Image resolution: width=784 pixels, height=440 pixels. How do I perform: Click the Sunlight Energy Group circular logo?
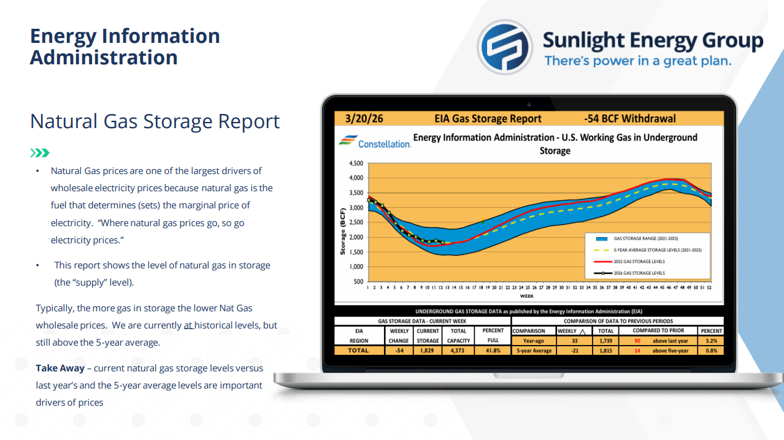tap(505, 47)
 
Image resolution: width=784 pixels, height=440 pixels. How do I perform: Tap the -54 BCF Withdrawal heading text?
tap(630, 119)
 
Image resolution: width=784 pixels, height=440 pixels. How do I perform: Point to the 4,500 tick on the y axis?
tap(356, 164)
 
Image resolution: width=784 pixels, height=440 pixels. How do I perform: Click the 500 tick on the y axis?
tap(358, 282)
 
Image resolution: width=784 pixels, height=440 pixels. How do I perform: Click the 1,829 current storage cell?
tap(428, 351)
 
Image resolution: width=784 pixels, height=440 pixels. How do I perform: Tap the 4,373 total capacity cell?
tap(458, 351)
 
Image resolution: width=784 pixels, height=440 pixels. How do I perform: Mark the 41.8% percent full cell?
tap(493, 351)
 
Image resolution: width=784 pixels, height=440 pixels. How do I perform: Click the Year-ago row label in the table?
tap(533, 341)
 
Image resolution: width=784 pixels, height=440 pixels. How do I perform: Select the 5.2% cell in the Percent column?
tap(712, 341)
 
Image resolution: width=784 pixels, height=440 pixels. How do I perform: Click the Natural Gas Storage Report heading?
tap(155, 121)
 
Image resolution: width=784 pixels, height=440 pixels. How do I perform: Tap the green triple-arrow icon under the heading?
tap(40, 153)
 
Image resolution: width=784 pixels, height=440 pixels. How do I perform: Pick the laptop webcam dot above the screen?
tap(529, 104)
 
